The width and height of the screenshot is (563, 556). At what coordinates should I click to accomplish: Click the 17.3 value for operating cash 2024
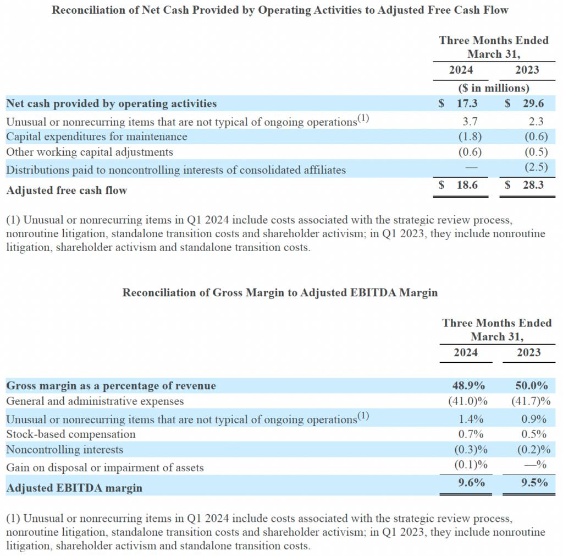pos(467,103)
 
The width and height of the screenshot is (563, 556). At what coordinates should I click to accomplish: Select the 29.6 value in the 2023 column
pos(533,103)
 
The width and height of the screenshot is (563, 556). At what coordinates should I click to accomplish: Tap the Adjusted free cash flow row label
pos(67,190)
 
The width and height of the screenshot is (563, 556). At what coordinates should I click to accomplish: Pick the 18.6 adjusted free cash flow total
pos(467,185)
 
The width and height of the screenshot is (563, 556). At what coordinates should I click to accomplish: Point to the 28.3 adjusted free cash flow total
pos(533,185)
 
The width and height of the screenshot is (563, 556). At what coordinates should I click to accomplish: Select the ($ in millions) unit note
pos(494,88)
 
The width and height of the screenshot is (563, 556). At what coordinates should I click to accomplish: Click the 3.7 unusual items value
pos(470,122)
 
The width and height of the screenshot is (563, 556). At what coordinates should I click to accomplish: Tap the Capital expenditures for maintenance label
pos(97,137)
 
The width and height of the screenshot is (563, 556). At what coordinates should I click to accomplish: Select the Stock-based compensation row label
pos(71,434)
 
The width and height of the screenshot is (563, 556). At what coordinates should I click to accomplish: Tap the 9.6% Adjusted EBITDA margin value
pos(471,483)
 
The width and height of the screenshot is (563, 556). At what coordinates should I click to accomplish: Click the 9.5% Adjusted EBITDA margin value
pos(534,483)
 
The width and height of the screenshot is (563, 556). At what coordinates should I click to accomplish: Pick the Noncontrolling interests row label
pos(65,450)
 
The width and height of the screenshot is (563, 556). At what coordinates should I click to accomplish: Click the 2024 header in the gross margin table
pos(466,353)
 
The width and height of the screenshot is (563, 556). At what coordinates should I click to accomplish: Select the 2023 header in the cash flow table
pos(527,70)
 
